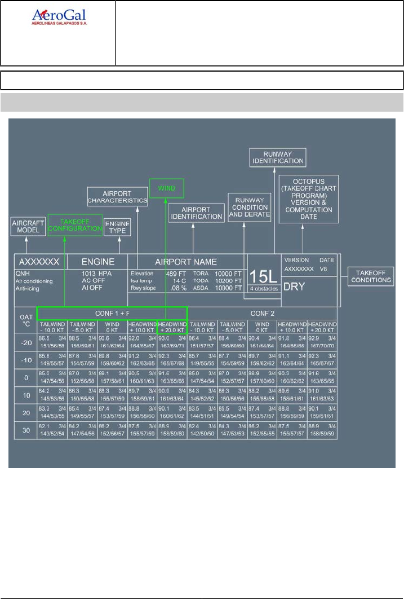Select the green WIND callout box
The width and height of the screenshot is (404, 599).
point(167,188)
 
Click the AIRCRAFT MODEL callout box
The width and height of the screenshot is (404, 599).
point(28,227)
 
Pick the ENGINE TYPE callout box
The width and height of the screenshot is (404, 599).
point(117,227)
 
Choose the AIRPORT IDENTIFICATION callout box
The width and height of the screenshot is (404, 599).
point(196,213)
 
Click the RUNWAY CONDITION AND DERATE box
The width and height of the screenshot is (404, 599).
point(248,206)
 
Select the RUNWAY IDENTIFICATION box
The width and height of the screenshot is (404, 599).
point(277,157)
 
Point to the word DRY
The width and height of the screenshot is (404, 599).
point(294,285)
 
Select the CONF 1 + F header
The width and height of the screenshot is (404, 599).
point(111,314)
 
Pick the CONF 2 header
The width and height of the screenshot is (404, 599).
point(262,314)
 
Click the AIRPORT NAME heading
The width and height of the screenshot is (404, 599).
point(186,262)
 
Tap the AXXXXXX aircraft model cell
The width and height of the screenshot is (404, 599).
point(40,262)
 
